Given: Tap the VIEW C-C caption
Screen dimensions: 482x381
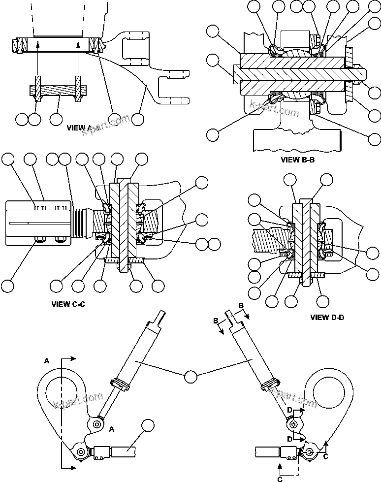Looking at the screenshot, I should coord(68,304).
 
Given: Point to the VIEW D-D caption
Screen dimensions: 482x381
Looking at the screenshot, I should coord(327,318).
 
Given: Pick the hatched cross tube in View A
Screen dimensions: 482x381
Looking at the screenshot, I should coord(57,91).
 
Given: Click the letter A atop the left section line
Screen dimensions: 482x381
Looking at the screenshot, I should coord(47,361).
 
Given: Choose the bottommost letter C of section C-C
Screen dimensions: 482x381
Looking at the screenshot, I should coord(280,478).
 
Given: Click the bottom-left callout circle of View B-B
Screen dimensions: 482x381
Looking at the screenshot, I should coord(213,134).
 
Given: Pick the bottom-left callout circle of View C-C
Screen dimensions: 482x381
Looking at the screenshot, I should coord(8,286).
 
